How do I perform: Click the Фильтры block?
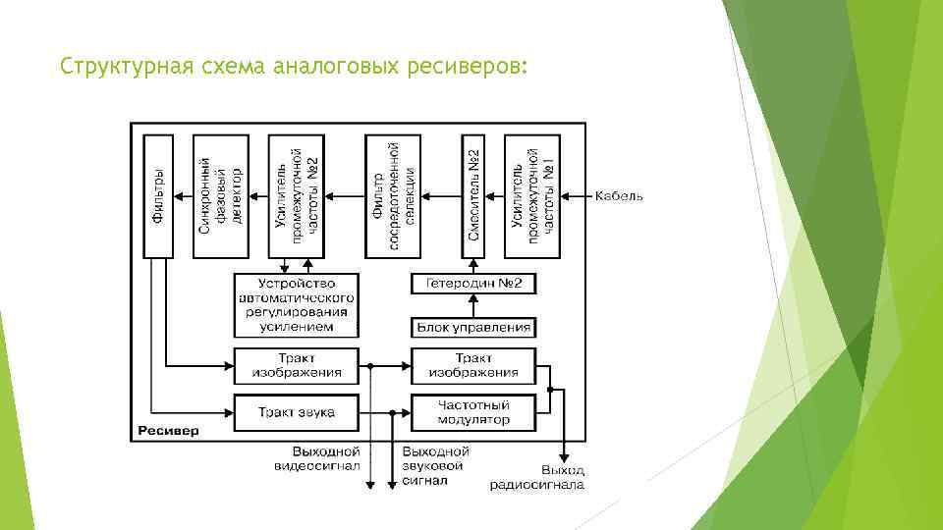(x=157, y=196)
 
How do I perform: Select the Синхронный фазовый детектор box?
(x=220, y=196)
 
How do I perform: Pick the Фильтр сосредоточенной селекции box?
(x=393, y=196)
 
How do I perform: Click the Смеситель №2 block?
(x=473, y=196)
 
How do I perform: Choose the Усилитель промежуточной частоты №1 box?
(x=532, y=196)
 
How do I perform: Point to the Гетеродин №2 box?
(x=473, y=284)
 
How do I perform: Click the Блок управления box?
(x=473, y=327)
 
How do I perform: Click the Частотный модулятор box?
(x=473, y=412)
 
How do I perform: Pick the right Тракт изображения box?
(x=473, y=365)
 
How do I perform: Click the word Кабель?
(x=619, y=196)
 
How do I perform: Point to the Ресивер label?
(x=168, y=431)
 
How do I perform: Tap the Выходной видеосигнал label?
(x=317, y=458)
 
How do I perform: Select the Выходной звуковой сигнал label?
(x=435, y=465)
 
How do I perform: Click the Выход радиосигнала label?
(x=550, y=477)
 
